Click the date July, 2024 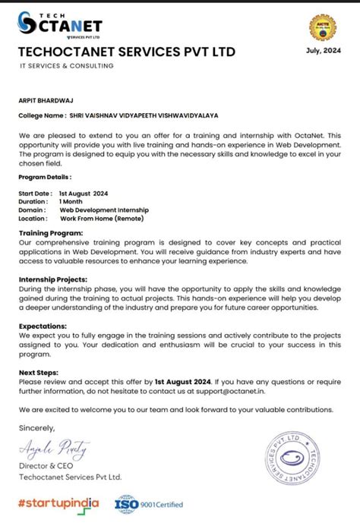tap(322, 51)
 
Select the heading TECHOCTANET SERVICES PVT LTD tap(127, 52)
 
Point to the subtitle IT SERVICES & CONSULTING tap(68, 66)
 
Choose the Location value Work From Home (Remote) tap(107, 218)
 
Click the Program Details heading tap(45, 176)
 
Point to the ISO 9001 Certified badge tap(149, 503)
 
